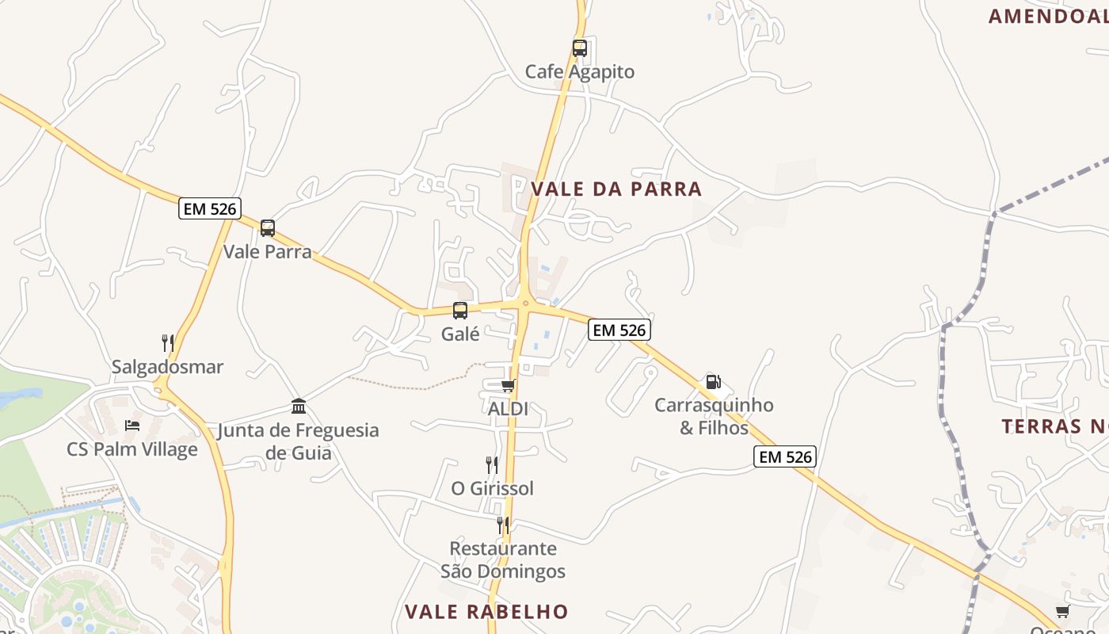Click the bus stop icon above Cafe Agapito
[x=580, y=48]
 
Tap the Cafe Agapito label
[x=580, y=72]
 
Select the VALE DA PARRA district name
[x=616, y=189]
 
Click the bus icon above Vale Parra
[x=268, y=228]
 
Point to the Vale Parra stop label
[x=268, y=252]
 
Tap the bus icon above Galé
[x=460, y=311]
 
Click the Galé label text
[x=460, y=334]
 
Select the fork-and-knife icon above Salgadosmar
[x=168, y=343]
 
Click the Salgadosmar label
[x=168, y=367]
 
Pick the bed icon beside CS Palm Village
[x=132, y=426]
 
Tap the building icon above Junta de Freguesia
[x=299, y=407]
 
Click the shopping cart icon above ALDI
[x=508, y=386]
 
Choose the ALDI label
[x=508, y=410]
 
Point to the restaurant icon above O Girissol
[x=492, y=464]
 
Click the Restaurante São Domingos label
[x=503, y=560]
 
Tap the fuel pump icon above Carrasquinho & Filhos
[x=713, y=382]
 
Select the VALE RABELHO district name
[x=486, y=612]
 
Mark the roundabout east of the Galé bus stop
[x=524, y=303]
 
